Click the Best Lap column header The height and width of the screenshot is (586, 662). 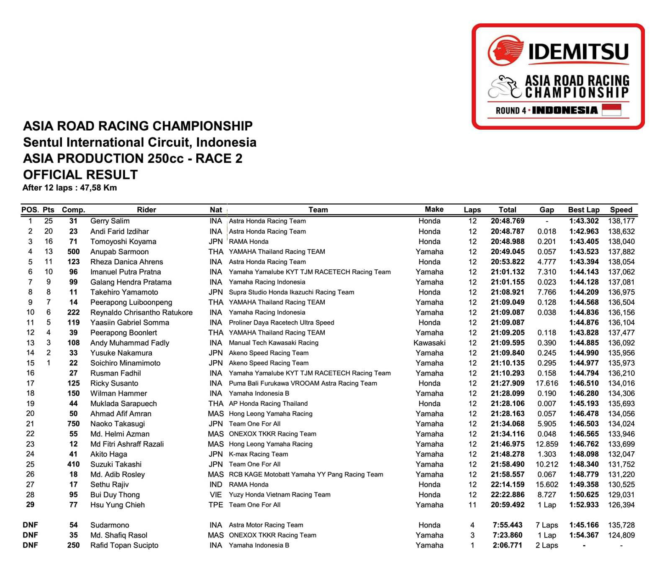583,210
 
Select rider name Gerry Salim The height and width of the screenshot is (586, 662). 110,221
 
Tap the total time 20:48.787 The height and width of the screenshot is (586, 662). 507,231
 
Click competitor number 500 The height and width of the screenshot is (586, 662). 73,252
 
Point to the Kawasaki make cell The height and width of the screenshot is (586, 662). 429,343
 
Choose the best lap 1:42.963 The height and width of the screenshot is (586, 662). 583,231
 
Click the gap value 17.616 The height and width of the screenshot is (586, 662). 547,383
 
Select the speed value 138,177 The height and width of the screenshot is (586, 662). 621,221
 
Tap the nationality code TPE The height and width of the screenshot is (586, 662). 216,505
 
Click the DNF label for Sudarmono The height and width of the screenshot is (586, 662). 30,525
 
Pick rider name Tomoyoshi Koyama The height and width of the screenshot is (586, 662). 123,242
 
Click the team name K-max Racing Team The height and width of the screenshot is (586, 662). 258,454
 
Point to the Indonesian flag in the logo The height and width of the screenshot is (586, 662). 611,110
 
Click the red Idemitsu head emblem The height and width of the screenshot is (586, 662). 505,51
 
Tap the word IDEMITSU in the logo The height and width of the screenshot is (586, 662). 578,52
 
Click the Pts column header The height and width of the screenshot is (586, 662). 49,210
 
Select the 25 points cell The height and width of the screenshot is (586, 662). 49,221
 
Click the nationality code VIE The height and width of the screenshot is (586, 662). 216,495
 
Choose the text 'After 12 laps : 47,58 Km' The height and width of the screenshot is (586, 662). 69,188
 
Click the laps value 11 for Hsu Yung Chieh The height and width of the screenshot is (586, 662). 472,505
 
